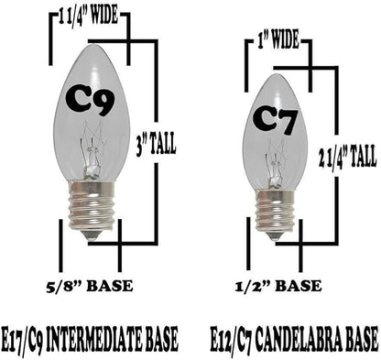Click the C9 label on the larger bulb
[91, 100]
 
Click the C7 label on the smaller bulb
[275, 122]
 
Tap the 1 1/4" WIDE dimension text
[89, 16]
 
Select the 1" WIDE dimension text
[278, 40]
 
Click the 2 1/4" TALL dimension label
[347, 157]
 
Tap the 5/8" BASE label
[90, 287]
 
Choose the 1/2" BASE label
[278, 287]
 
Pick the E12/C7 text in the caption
[231, 339]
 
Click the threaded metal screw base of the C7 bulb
[276, 212]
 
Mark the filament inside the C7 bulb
[274, 164]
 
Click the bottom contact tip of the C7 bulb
[276, 236]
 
